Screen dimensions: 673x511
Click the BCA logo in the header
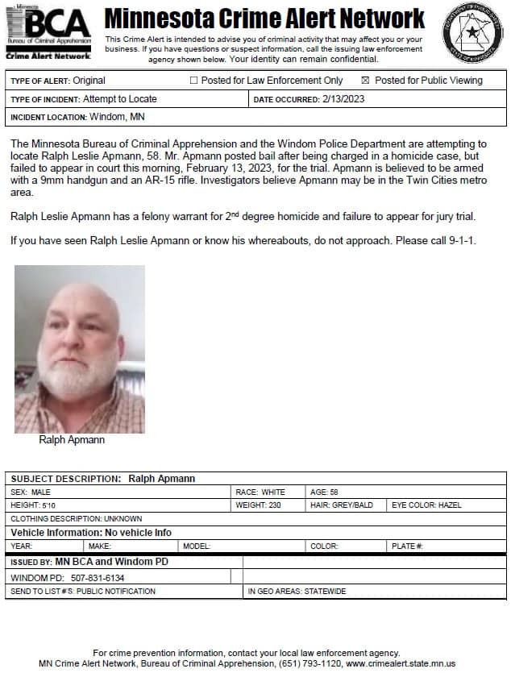pyautogui.click(x=48, y=32)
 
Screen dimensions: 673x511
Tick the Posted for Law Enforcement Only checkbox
pyautogui.click(x=193, y=81)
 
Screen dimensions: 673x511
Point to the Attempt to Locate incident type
pyautogui.click(x=120, y=99)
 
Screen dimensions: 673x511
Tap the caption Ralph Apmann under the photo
pyautogui.click(x=72, y=440)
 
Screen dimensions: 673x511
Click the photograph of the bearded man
pyautogui.click(x=80, y=349)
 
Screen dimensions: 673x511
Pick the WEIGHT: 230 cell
pyautogui.click(x=257, y=505)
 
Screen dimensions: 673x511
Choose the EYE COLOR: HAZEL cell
pyautogui.click(x=426, y=505)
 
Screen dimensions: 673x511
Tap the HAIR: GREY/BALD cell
pyautogui.click(x=342, y=505)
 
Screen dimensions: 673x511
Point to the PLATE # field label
pyautogui.click(x=408, y=546)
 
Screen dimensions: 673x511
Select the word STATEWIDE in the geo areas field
pyautogui.click(x=326, y=591)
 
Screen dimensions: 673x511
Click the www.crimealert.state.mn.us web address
pyautogui.click(x=401, y=663)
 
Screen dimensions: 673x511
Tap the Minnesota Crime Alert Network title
pyautogui.click(x=264, y=18)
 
